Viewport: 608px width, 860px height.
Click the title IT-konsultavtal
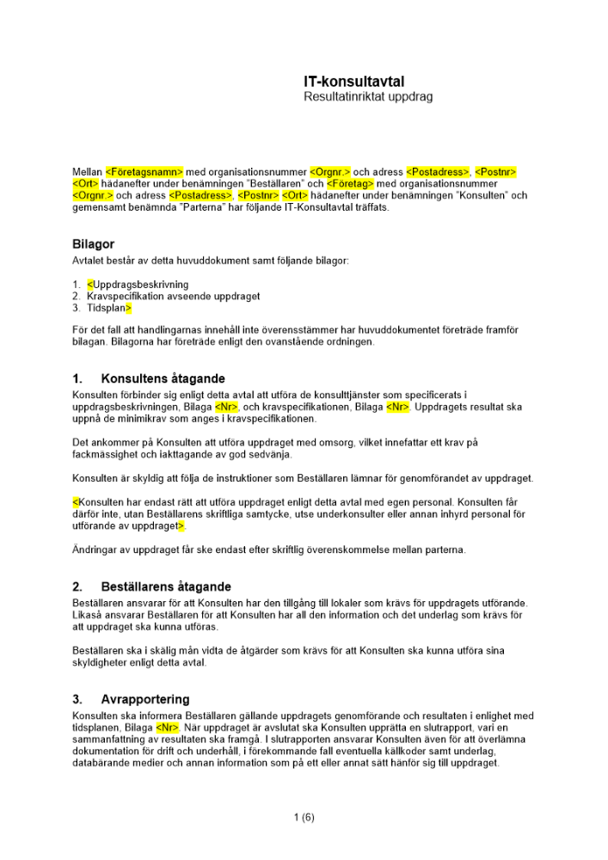(x=353, y=82)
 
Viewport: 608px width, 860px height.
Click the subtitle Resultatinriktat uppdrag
(x=368, y=97)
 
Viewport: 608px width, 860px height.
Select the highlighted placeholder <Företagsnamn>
(x=144, y=172)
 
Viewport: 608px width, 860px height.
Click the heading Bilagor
(x=93, y=245)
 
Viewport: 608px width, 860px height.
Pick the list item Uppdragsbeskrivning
(x=139, y=285)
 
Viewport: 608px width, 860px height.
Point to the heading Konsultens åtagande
(x=163, y=378)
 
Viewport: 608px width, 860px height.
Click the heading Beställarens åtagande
(x=166, y=587)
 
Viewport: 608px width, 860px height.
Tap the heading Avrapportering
(x=145, y=699)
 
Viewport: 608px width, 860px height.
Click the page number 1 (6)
(x=304, y=818)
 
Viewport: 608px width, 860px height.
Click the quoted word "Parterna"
(x=154, y=207)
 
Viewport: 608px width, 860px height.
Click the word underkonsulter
(x=323, y=513)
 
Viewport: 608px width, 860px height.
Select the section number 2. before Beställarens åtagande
(x=77, y=587)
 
